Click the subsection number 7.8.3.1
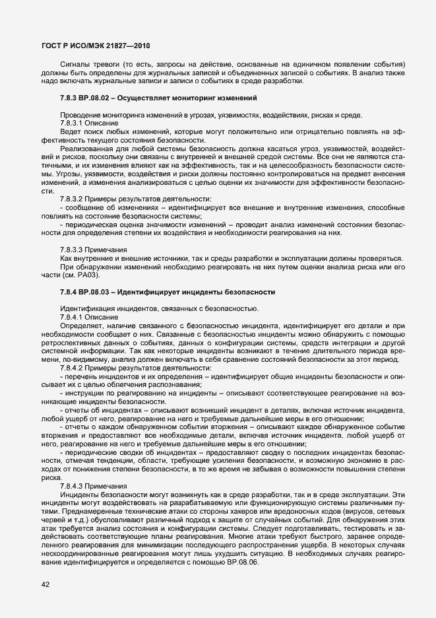(71, 123)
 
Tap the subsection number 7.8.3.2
(71, 198)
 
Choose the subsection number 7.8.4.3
(71, 486)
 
